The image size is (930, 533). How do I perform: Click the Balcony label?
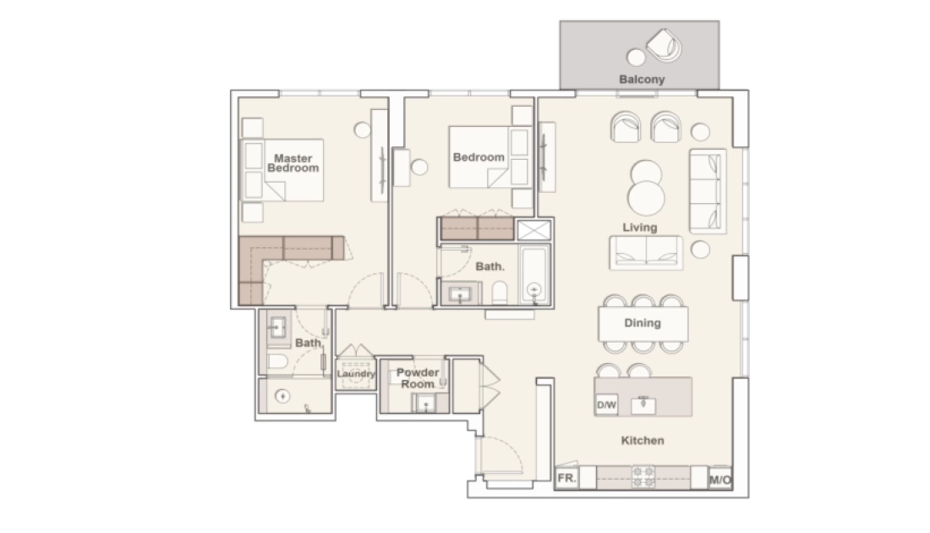(x=642, y=79)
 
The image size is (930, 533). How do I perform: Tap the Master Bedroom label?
(x=293, y=163)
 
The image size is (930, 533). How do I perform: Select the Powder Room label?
(x=418, y=378)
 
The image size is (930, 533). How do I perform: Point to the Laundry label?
(x=356, y=373)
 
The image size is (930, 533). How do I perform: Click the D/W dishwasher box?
(x=606, y=404)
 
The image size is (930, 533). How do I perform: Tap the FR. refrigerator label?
(x=566, y=478)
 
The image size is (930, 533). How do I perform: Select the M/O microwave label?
(x=720, y=480)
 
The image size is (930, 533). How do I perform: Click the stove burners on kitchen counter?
(x=643, y=476)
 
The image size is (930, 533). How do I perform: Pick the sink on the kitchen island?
(x=643, y=404)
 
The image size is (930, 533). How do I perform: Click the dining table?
(x=643, y=323)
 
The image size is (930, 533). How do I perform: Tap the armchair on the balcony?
(x=664, y=45)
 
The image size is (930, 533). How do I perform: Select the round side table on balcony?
(x=636, y=58)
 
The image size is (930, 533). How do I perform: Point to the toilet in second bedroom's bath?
(x=500, y=293)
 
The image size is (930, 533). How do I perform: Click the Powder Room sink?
(x=424, y=404)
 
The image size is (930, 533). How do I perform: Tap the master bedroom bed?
(x=282, y=170)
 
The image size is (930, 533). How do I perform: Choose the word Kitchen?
(x=643, y=441)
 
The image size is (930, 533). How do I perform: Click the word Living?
(x=640, y=228)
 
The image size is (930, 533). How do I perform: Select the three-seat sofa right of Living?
(x=708, y=191)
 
